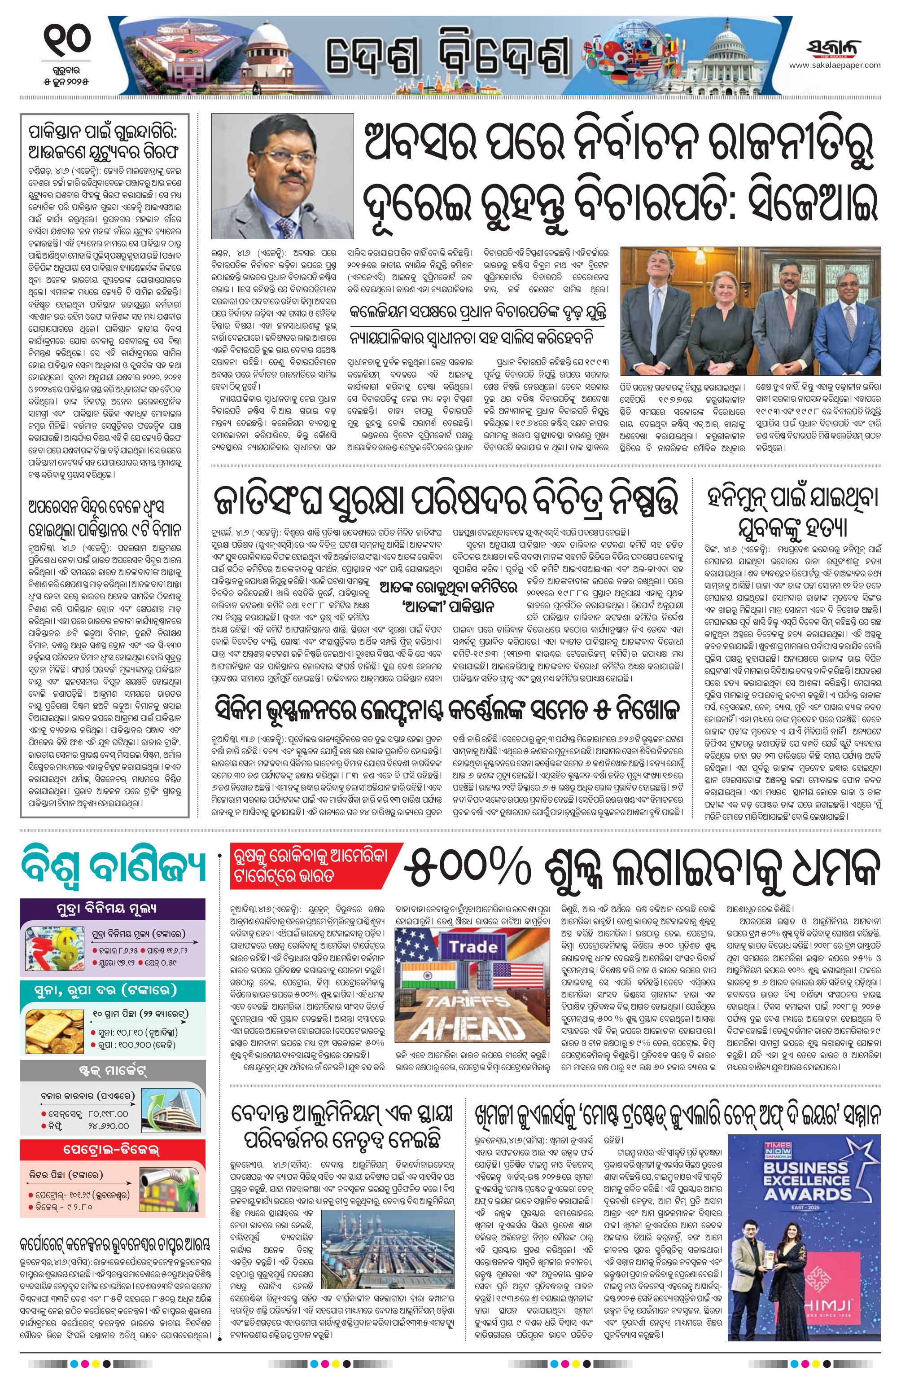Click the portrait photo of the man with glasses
282,176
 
